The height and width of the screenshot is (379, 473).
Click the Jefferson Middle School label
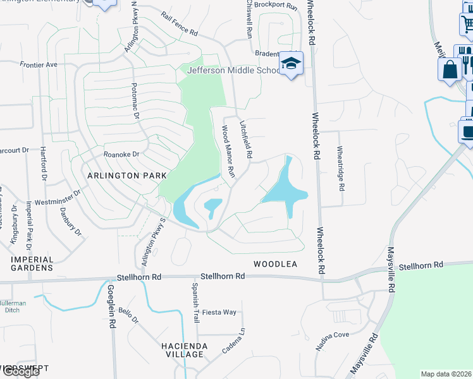click(233, 70)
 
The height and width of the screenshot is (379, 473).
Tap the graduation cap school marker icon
click(292, 64)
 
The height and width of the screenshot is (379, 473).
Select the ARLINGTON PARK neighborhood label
click(126, 175)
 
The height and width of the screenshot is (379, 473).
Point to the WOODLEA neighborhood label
click(275, 264)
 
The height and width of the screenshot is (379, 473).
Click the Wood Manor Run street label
click(228, 151)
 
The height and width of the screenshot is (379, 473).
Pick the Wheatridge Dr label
click(341, 167)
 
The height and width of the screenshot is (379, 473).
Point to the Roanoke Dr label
click(121, 153)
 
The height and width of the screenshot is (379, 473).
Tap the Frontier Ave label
click(39, 64)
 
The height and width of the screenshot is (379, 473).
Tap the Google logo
click(21, 371)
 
